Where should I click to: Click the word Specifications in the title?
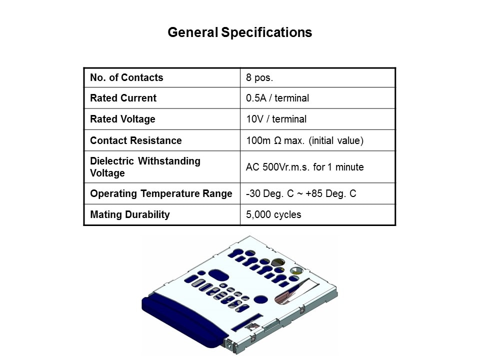coord(266,32)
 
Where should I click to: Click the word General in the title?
coord(193,32)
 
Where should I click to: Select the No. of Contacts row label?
coord(126,77)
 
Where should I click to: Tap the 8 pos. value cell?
coord(259,77)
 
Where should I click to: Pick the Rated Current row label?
coord(123,98)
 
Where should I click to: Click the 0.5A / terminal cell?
coord(277,98)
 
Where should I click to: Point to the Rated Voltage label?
coord(122,119)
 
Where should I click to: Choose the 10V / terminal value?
coord(276,119)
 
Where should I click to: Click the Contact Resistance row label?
coord(136,140)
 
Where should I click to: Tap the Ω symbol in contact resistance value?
coord(277,141)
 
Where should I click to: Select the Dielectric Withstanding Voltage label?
coord(145,167)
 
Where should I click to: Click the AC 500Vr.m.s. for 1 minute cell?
coord(305,167)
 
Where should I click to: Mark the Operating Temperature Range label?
coord(161,194)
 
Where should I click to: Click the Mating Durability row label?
coord(130,214)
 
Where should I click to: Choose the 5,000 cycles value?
coord(273,214)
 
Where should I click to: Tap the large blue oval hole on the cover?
coord(218,275)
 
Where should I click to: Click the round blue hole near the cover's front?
coord(260,299)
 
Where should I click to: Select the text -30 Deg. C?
coord(269,194)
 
